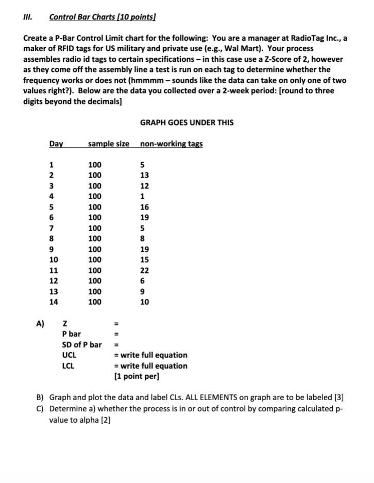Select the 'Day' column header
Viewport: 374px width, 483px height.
56,143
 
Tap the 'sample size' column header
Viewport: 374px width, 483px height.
109,143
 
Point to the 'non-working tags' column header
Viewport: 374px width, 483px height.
171,143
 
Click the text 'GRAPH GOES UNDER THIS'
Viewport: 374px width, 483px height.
186,123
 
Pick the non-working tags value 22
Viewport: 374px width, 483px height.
144,270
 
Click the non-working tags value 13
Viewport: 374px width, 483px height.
144,175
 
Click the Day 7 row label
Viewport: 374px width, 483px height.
50,228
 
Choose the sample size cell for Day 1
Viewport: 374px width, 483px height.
95,164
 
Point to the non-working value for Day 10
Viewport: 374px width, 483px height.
144,259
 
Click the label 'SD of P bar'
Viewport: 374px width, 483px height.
81,344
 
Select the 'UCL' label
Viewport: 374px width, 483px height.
69,355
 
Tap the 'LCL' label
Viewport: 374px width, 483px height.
69,366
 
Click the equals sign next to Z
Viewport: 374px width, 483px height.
116,323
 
